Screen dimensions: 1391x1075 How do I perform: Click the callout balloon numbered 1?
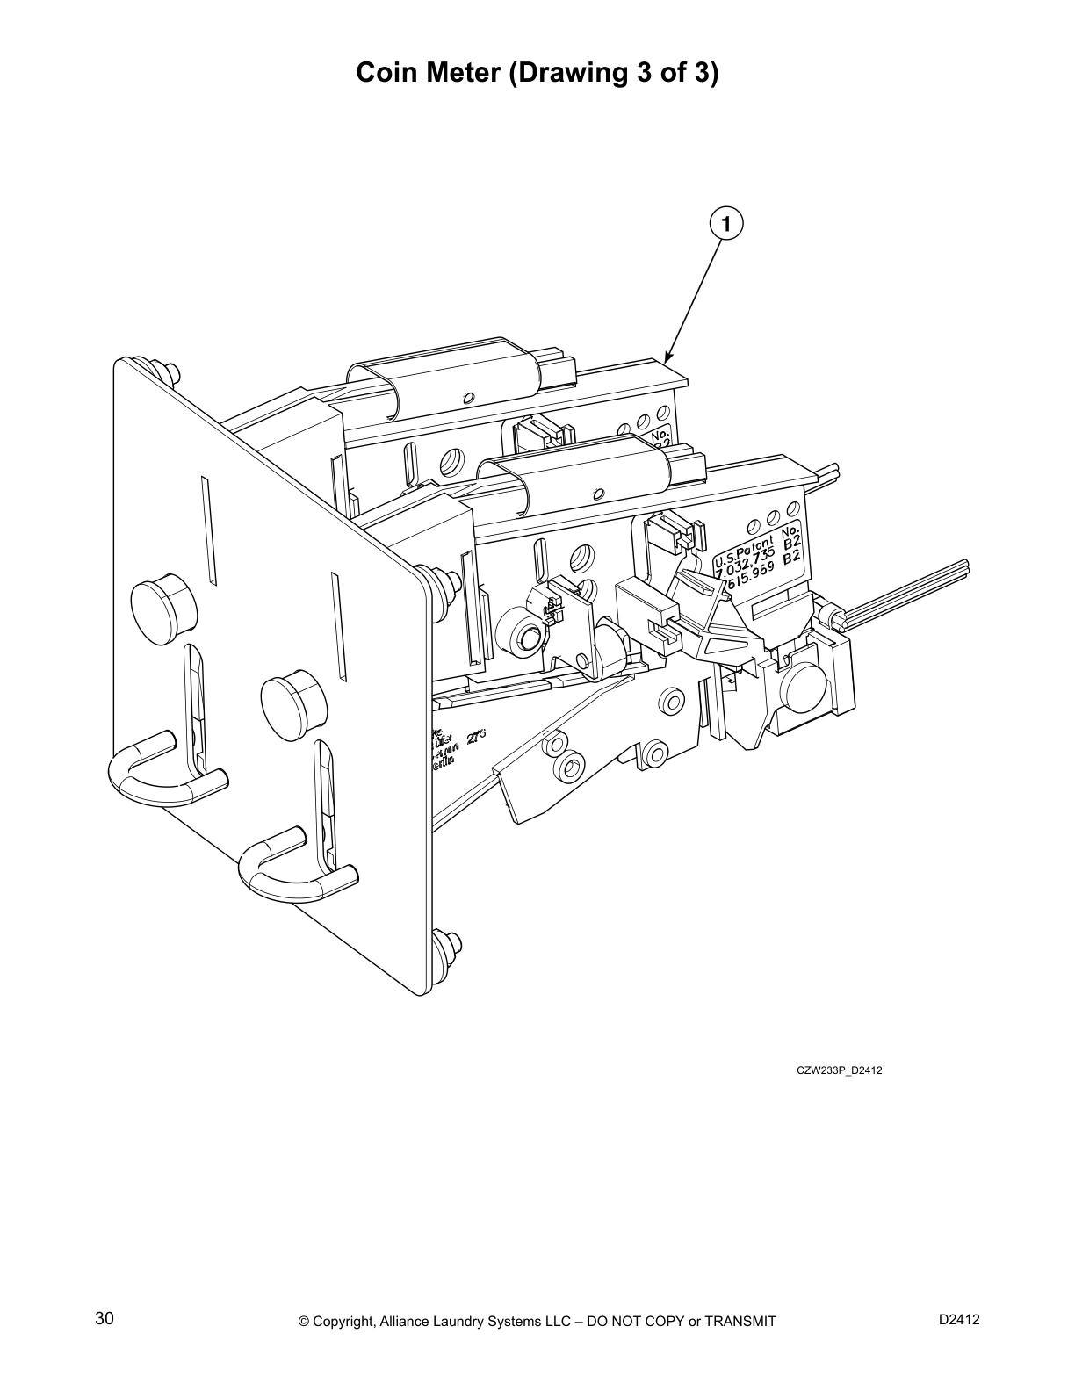(725, 223)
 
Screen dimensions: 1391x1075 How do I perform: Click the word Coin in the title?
(388, 72)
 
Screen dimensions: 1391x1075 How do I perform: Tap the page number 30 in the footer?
(104, 1318)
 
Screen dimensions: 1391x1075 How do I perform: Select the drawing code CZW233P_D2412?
(839, 1070)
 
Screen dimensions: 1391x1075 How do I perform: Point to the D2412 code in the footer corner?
(958, 1318)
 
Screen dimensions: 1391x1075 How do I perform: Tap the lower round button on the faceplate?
(294, 703)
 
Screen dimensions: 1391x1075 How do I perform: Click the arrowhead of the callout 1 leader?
(667, 360)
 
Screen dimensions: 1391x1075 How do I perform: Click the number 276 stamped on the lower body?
(476, 738)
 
